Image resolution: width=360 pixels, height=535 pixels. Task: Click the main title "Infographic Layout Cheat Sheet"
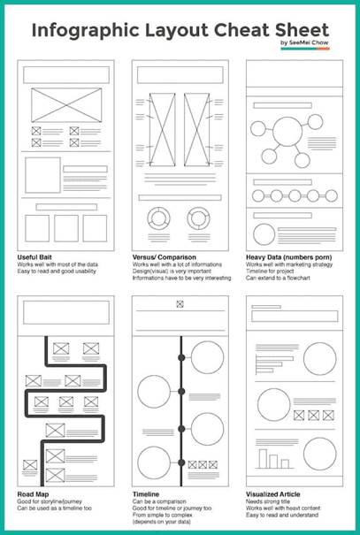point(180,28)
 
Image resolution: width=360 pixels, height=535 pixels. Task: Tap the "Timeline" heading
point(147,493)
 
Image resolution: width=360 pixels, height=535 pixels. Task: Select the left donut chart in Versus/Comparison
point(159,219)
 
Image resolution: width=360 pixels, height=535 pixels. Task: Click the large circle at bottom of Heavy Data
point(266,233)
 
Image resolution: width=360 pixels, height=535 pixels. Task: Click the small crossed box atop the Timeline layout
point(180,305)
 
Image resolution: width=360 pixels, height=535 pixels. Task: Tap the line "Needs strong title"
point(269,501)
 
